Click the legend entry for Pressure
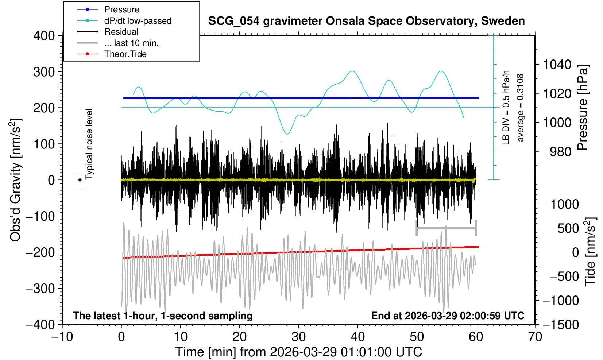click(121, 9)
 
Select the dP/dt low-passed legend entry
click(138, 21)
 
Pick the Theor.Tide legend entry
click(125, 54)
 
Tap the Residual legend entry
click(121, 32)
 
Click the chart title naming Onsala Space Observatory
click(366, 21)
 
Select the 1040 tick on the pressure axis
click(557, 65)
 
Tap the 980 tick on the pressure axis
click(561, 151)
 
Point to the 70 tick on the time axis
click(535, 336)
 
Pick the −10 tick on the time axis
click(62, 336)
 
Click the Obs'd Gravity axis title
click(15, 180)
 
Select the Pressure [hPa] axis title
click(583, 108)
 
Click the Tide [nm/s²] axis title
click(590, 252)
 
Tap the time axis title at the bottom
click(298, 352)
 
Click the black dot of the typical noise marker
click(80, 180)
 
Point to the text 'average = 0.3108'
click(521, 108)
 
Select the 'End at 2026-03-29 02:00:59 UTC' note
click(448, 316)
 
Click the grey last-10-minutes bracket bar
click(446, 228)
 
